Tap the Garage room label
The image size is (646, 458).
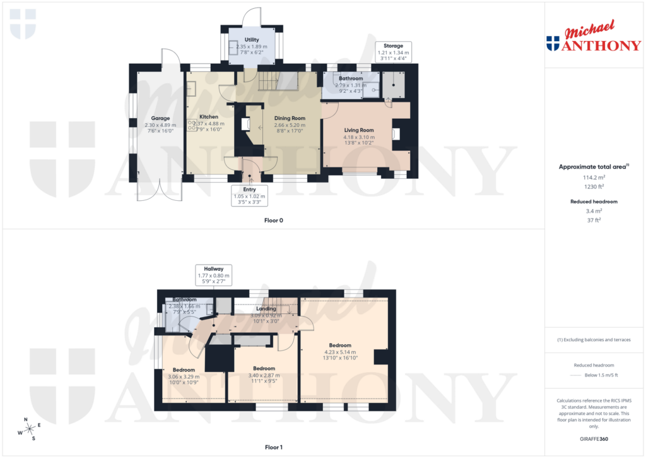pyautogui.click(x=160, y=117)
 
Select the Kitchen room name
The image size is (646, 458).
pyautogui.click(x=209, y=117)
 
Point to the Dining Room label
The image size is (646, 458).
pyautogui.click(x=290, y=118)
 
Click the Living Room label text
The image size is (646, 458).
pyautogui.click(x=358, y=130)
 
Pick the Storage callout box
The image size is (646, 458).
pyautogui.click(x=393, y=52)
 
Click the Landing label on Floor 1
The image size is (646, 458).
pyautogui.click(x=266, y=308)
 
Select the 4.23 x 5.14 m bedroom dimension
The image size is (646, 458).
pyautogui.click(x=340, y=352)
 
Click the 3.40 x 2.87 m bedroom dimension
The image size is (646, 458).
pyautogui.click(x=264, y=375)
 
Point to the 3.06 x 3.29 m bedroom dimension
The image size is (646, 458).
pyautogui.click(x=184, y=377)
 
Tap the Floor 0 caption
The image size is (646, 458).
pyautogui.click(x=274, y=220)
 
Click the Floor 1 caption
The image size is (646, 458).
pyautogui.click(x=274, y=447)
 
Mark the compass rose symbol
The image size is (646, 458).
pyautogui.click(x=29, y=430)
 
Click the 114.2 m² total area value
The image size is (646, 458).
pyautogui.click(x=592, y=178)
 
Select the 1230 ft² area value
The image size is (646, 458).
pyautogui.click(x=592, y=187)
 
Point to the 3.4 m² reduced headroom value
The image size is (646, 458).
pyautogui.click(x=592, y=211)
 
